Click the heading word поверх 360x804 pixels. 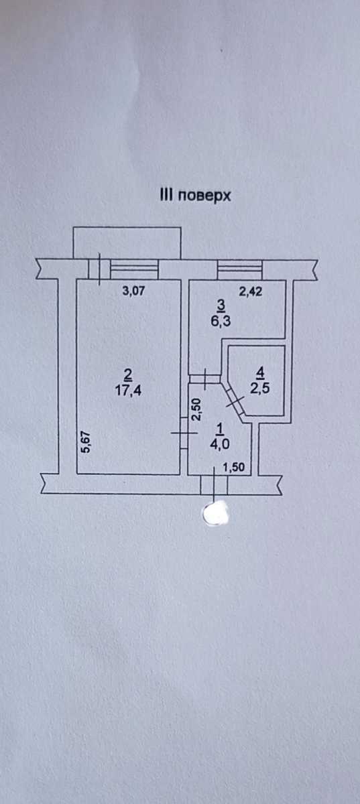point(204,196)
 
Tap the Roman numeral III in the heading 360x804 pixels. point(166,195)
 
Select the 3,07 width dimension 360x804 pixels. point(133,290)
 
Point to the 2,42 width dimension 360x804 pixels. point(251,291)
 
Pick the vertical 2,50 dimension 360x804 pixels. point(197,409)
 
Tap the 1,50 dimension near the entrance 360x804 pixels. point(233,467)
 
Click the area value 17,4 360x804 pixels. point(128,390)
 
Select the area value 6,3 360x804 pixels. point(221,321)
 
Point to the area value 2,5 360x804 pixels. point(259,388)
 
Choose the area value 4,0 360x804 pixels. point(221,444)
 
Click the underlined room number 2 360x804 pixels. point(127,376)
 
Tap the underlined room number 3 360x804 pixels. point(221,306)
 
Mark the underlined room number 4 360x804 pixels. point(260,374)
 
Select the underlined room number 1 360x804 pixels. point(221,429)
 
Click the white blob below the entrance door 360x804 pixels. point(217,513)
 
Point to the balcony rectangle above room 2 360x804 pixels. point(127,243)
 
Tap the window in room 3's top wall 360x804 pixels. point(239,270)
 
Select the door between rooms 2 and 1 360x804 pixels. point(184,433)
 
